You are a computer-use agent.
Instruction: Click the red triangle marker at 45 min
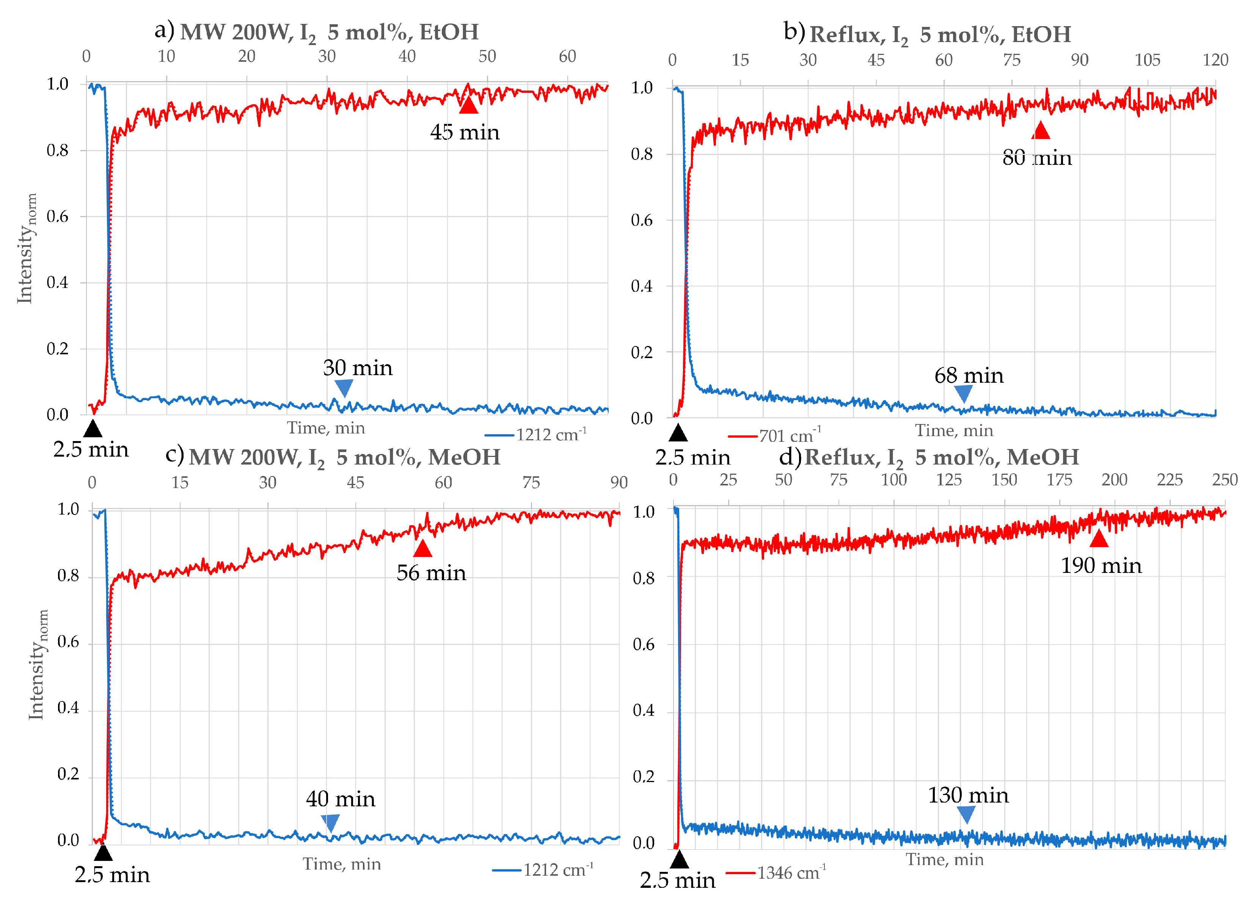pyautogui.click(x=468, y=106)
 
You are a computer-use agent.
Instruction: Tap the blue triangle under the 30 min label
pyautogui.click(x=344, y=387)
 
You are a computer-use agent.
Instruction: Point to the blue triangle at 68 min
pyautogui.click(x=964, y=393)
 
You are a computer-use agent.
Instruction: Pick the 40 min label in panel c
pyautogui.click(x=341, y=799)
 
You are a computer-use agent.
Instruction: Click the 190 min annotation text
pyautogui.click(x=1101, y=566)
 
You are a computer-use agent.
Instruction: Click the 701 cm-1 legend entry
pyautogui.click(x=775, y=435)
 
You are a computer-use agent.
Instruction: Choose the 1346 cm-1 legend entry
pyautogui.click(x=776, y=873)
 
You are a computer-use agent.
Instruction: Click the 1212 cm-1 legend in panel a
pyautogui.click(x=536, y=435)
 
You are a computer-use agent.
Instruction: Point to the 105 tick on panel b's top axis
pyautogui.click(x=1147, y=60)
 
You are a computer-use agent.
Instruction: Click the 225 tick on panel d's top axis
pyautogui.click(x=1169, y=479)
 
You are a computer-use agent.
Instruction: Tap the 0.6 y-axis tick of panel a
pyautogui.click(x=58, y=216)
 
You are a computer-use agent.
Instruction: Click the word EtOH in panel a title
pyautogui.click(x=449, y=32)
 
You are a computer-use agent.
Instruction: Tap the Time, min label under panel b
pyautogui.click(x=954, y=430)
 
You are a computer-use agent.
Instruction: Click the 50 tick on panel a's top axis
pyautogui.click(x=487, y=56)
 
